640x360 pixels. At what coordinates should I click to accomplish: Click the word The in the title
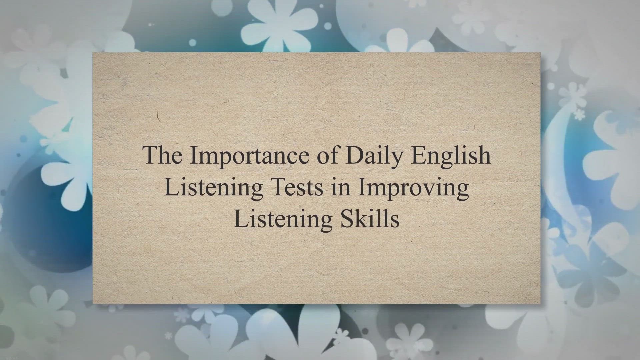pyautogui.click(x=163, y=155)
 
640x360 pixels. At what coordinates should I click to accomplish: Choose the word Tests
pyautogui.click(x=297, y=187)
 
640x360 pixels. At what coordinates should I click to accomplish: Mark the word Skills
pyautogui.click(x=370, y=219)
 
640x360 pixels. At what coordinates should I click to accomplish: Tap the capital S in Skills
pyautogui.click(x=347, y=219)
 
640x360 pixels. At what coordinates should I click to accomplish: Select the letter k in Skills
pyautogui.click(x=361, y=219)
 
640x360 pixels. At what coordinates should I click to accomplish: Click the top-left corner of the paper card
pyautogui.click(x=93, y=52)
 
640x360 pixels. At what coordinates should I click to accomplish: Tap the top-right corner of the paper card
pyautogui.click(x=540, y=52)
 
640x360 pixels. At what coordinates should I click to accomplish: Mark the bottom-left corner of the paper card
pyautogui.click(x=93, y=304)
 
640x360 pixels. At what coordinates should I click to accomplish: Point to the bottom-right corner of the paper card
pyautogui.click(x=540, y=304)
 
